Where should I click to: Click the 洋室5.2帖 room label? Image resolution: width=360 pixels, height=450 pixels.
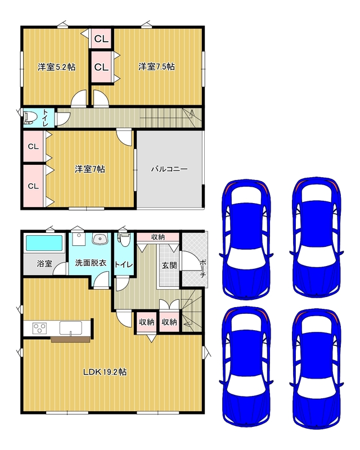pos(57,67)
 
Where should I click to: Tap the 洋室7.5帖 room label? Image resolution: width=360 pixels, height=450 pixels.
pos(156,66)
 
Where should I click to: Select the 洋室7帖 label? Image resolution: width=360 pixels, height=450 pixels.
pos(90,169)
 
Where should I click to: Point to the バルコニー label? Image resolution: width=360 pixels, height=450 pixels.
pos(169,169)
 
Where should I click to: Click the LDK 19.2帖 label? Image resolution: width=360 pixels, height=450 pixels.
pos(105,372)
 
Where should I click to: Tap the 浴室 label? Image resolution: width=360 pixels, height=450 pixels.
pos(44,263)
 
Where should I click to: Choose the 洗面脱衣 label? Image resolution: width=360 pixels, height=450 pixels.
pos(91,263)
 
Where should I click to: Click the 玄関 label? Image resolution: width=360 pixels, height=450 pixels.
pos(169,265)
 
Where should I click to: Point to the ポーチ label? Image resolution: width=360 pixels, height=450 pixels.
pos(203,269)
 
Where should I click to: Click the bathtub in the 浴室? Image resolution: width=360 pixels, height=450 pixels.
pos(44,243)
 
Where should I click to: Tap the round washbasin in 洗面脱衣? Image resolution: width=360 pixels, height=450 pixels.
pos(100,238)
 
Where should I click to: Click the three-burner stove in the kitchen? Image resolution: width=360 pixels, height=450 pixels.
pos(40,328)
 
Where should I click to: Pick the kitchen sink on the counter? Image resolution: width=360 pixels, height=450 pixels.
pos(71,328)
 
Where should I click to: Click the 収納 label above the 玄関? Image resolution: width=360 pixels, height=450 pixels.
pos(158,237)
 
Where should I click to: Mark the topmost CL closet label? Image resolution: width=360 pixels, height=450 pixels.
pos(101,39)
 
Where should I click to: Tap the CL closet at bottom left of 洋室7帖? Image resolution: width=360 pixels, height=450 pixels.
pos(33,186)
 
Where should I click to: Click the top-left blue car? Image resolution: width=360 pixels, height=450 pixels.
pos(246,240)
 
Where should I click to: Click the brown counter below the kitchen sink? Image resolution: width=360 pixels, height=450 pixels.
pos(71,339)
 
